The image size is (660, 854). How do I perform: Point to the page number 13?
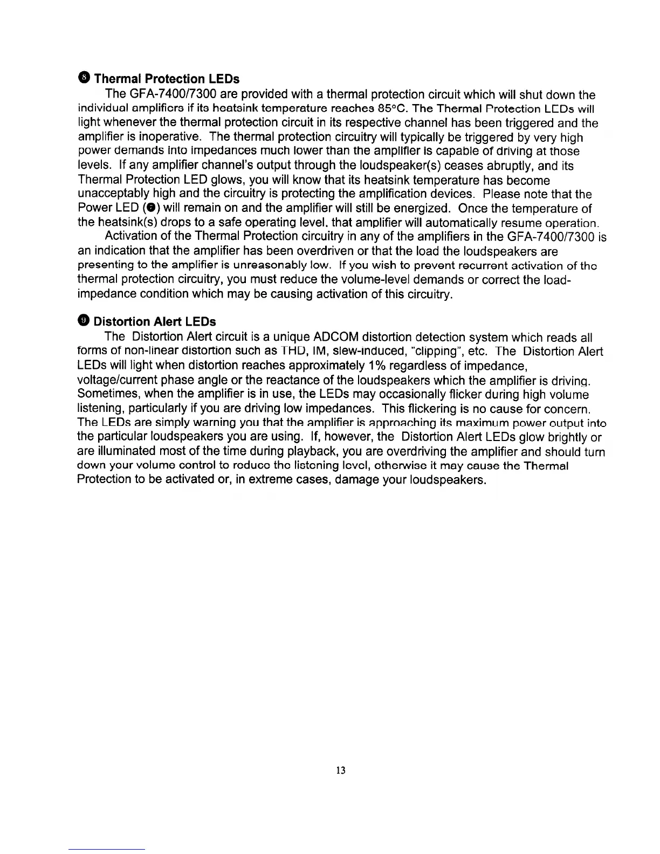[x=340, y=769]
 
